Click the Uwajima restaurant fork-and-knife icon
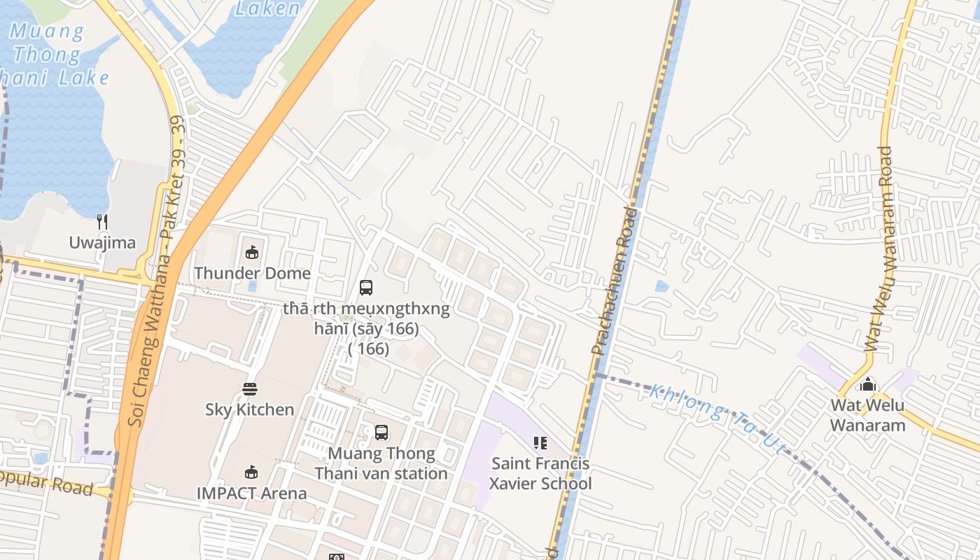tap(102, 223)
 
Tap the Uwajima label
tap(102, 243)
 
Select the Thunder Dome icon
tap(252, 253)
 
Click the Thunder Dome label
tap(252, 273)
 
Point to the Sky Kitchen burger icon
tap(250, 388)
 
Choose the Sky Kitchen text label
tap(250, 409)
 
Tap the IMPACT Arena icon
tap(251, 472)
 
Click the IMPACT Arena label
tap(251, 493)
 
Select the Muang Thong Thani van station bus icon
tap(381, 433)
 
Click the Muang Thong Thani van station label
tap(381, 463)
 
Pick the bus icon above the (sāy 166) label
tap(366, 288)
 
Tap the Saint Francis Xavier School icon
tap(540, 443)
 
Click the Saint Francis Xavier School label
tap(540, 473)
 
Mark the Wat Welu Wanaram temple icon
tap(868, 384)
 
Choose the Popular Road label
tap(46, 483)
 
